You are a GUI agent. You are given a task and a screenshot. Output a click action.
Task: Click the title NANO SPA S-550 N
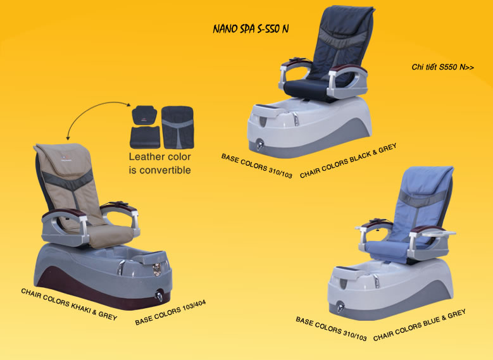click(x=251, y=28)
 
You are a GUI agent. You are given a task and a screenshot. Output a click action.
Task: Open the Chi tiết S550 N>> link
click(x=443, y=67)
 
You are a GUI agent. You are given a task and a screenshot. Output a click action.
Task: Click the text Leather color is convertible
click(x=159, y=163)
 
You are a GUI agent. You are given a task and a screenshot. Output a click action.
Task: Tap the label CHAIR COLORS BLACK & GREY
click(x=348, y=161)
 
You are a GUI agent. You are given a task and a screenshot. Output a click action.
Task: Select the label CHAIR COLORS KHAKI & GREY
click(x=69, y=304)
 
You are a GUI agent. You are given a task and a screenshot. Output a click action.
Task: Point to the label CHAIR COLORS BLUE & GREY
click(x=420, y=325)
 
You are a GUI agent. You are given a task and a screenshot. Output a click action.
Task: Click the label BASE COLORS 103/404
click(x=170, y=313)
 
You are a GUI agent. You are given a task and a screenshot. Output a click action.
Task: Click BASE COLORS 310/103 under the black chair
click(x=257, y=166)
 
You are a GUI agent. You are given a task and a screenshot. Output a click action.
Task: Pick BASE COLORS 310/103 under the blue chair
click(x=331, y=329)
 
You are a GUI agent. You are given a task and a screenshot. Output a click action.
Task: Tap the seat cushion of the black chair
click(x=305, y=86)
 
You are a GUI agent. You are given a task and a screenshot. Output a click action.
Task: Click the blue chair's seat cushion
click(x=387, y=251)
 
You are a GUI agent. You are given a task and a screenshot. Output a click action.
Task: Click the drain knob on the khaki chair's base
click(x=159, y=296)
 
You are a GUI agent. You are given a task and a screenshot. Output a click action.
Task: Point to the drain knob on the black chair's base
click(x=259, y=144)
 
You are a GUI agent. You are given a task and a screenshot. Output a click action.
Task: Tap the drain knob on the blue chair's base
click(x=340, y=306)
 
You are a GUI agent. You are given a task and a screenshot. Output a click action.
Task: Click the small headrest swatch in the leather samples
click(x=145, y=115)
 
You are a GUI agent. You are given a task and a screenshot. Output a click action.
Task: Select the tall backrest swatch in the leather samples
click(x=178, y=127)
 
